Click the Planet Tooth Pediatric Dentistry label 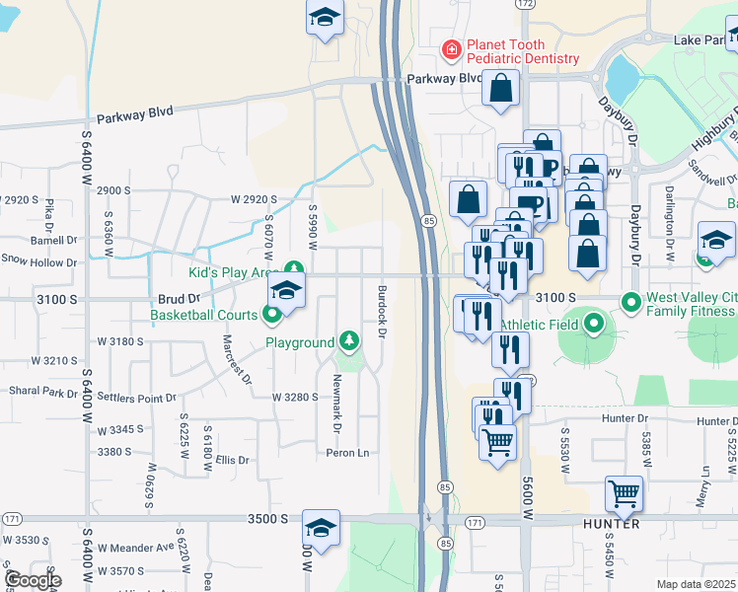522,51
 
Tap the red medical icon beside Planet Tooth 451,48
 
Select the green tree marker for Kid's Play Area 293,268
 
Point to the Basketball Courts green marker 273,315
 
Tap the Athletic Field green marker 593,324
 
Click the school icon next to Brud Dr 286,290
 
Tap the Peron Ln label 348,453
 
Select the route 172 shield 525,5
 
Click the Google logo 32,580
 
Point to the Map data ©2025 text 696,584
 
